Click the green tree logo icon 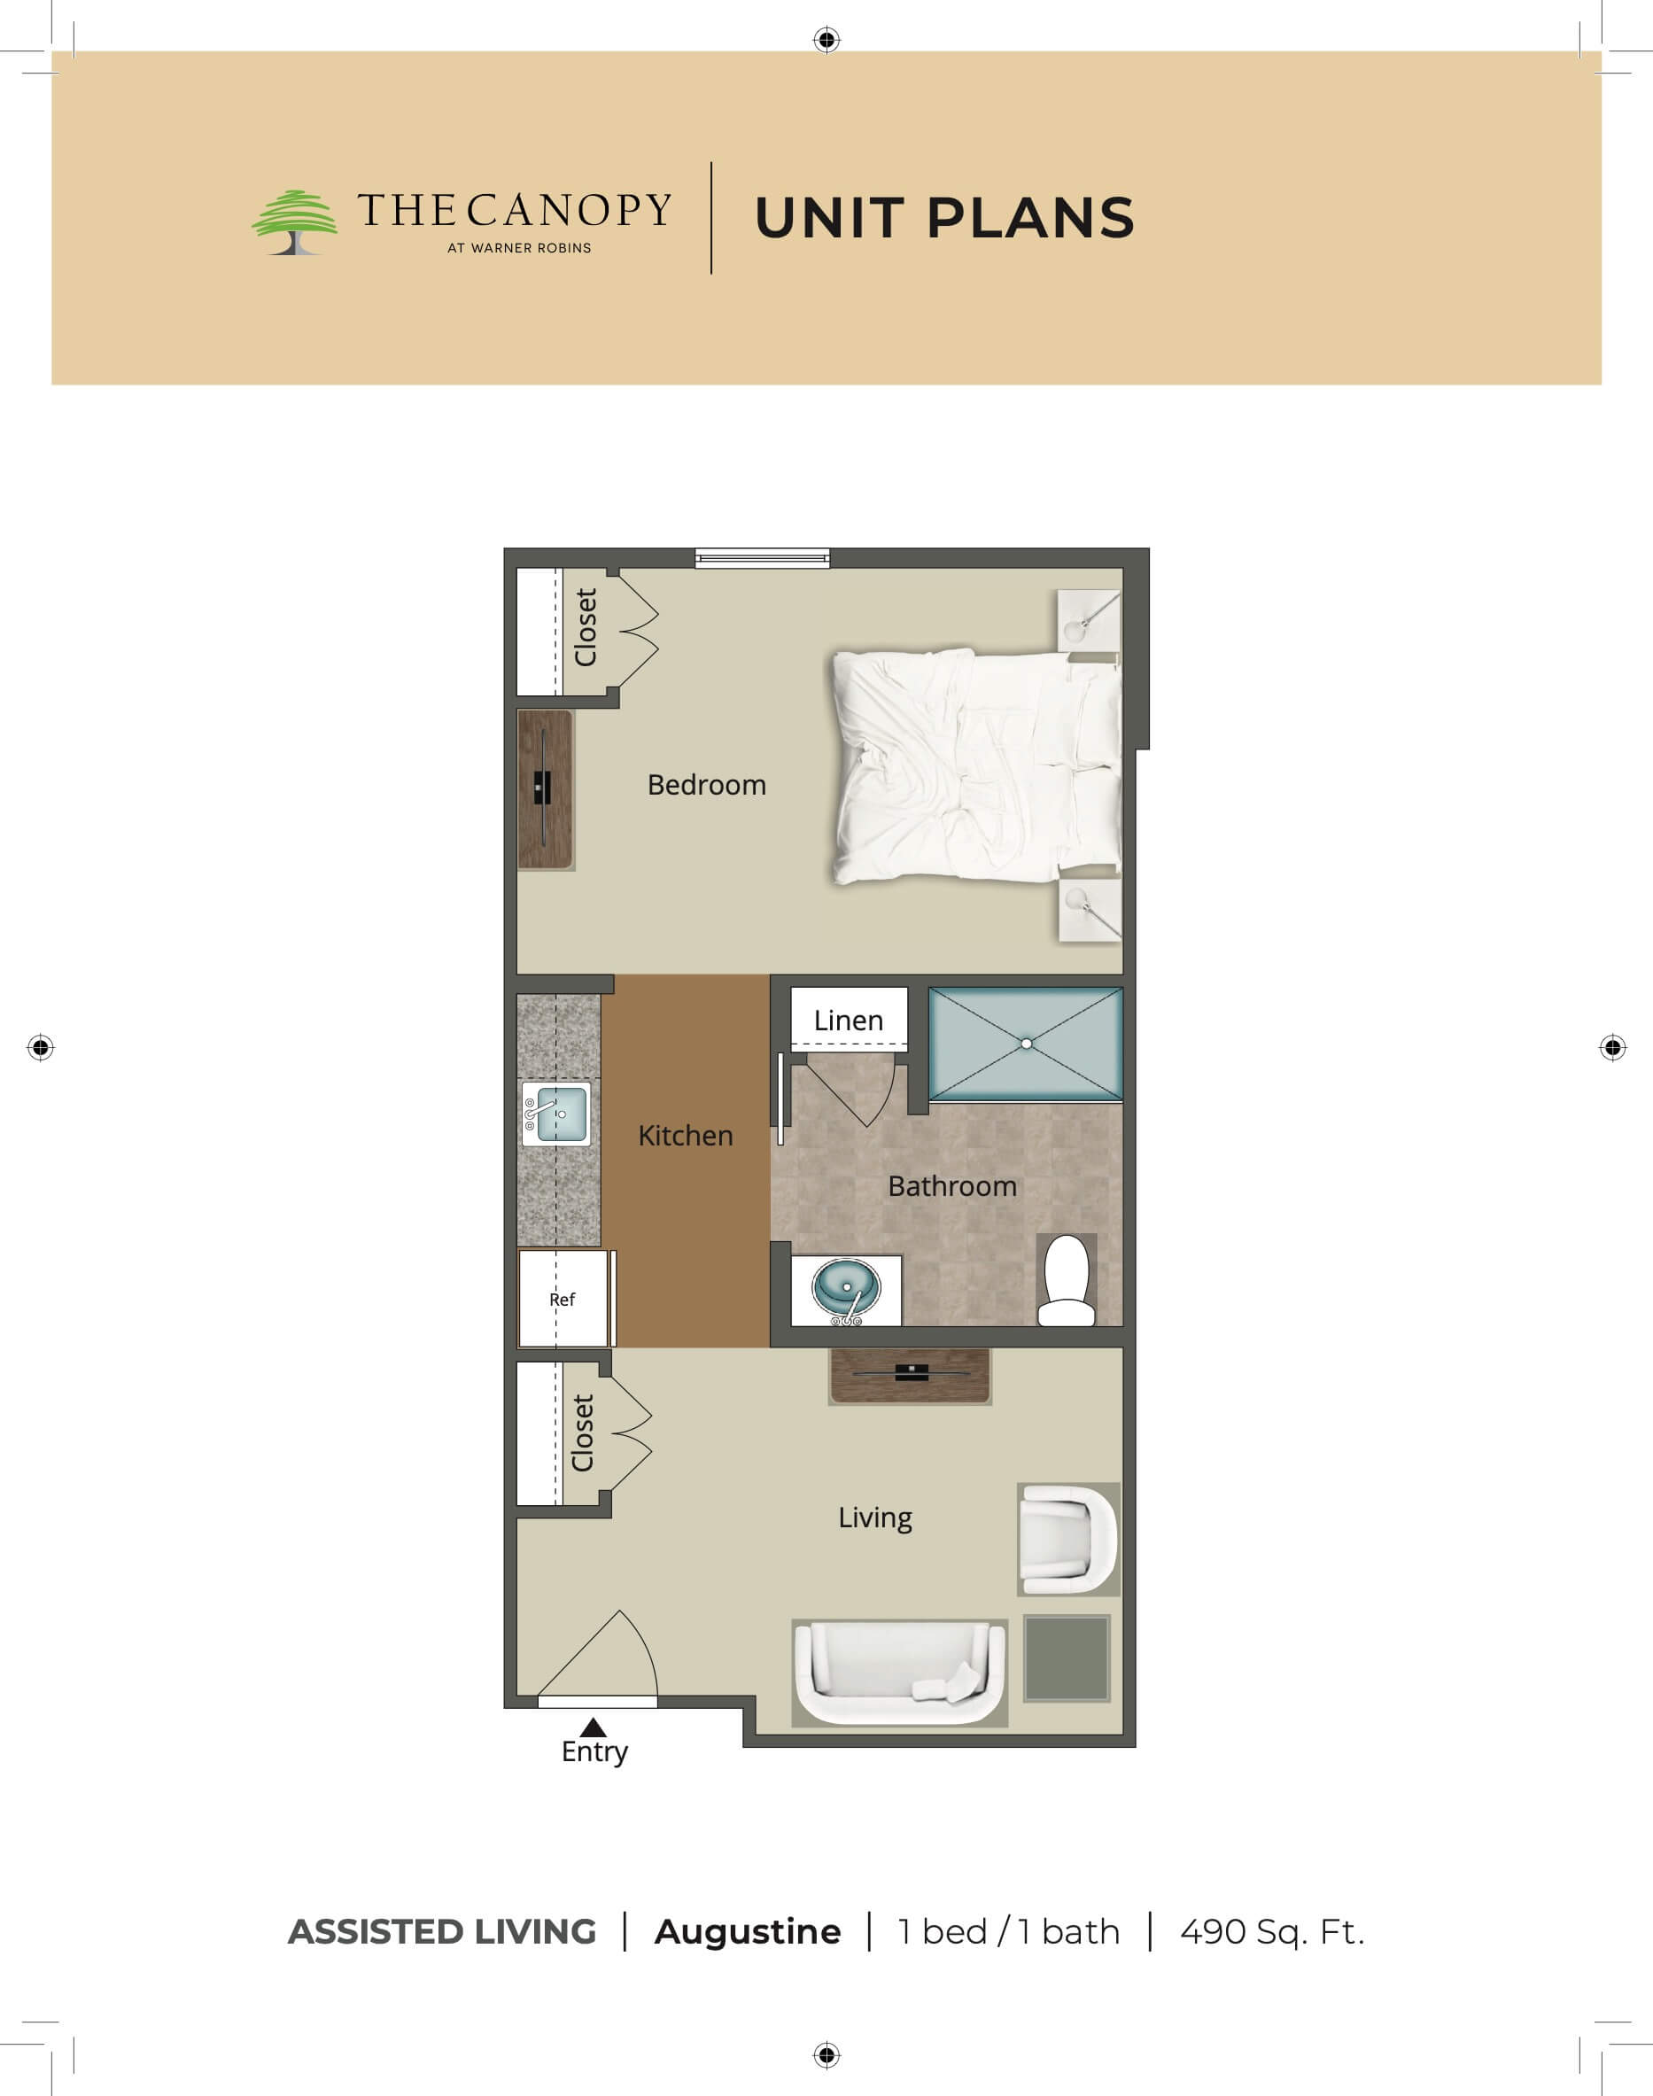295,221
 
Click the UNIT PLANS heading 943,218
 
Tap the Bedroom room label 707,785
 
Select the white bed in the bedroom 976,766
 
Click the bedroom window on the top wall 763,557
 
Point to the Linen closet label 849,1021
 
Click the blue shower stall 1026,1044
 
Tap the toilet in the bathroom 1067,1279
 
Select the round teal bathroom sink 847,1288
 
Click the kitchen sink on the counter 556,1114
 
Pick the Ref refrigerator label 563,1300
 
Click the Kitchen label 685,1135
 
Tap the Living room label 875,1518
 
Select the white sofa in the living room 900,1673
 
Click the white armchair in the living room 1067,1540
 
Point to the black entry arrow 593,1727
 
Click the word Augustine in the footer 747,1933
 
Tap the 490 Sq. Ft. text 1273,1932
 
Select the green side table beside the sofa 1067,1657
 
